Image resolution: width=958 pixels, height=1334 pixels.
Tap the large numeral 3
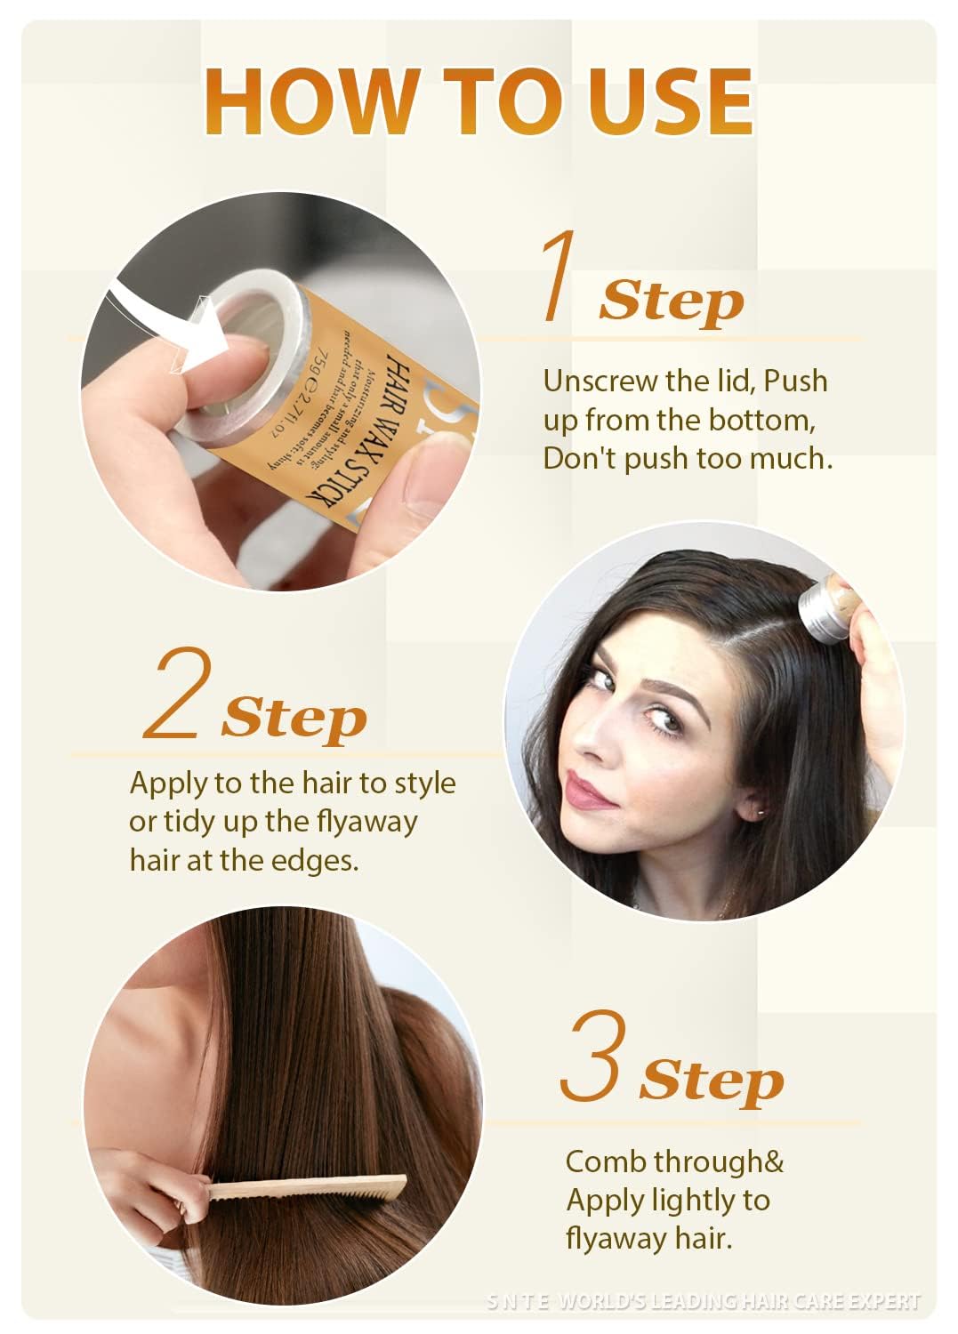click(x=593, y=1056)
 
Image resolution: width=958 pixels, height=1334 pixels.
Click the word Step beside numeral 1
click(x=671, y=301)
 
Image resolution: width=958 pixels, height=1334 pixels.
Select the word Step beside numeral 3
click(x=711, y=1081)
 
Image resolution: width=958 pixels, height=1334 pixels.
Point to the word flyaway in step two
click(x=366, y=821)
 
